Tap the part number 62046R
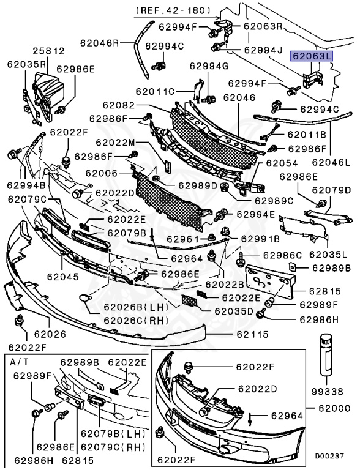pos(99,43)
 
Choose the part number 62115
pos(255,335)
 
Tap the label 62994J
pos(264,49)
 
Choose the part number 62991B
pos(260,239)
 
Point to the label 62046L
pos(332,163)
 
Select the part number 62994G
pos(209,65)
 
